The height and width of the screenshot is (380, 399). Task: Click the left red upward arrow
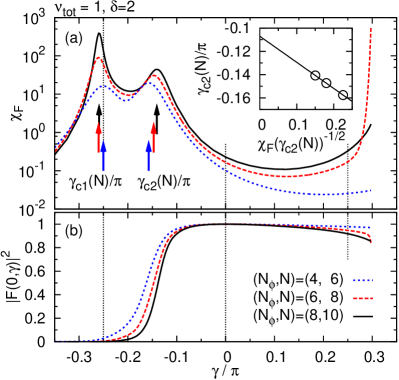pos(99,137)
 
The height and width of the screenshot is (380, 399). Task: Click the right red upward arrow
pos(153,137)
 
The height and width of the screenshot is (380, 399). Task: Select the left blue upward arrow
pos(103,156)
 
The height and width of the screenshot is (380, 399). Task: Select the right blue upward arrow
pos(148,156)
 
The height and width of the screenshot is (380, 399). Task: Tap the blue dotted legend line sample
pos(362,281)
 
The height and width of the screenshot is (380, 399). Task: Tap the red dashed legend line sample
pos(362,298)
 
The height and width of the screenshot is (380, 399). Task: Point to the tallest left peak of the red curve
pos(99,58)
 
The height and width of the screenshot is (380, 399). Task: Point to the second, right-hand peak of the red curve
pos(154,76)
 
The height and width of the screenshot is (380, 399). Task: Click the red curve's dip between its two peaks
pos(127,96)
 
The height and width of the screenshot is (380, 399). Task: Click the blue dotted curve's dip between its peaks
pos(126,101)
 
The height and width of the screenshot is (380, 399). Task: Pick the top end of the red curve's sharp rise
pos(371,29)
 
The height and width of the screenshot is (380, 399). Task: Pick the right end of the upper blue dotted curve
pos(371,190)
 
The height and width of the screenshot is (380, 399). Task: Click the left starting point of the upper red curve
pos(56,150)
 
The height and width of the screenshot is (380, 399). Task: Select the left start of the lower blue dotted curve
pos(57,341)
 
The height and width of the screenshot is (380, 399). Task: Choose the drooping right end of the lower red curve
pos(371,240)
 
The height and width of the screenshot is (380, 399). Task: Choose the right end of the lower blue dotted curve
pos(371,227)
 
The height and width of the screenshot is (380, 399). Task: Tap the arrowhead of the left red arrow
pos(99,126)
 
